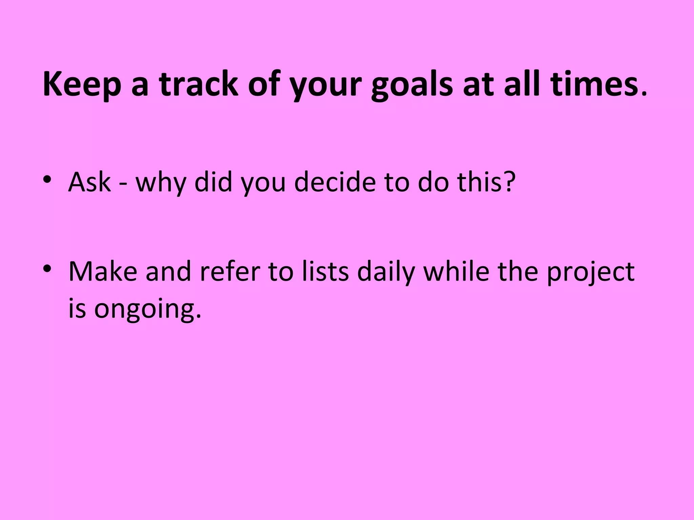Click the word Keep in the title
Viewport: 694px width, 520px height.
pos(82,85)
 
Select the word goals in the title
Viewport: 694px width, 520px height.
pos(412,85)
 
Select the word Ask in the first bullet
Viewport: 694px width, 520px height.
pos(89,182)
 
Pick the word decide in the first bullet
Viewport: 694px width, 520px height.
pos(335,182)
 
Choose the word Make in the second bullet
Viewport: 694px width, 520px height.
pos(103,272)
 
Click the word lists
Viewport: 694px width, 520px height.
pos(325,272)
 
